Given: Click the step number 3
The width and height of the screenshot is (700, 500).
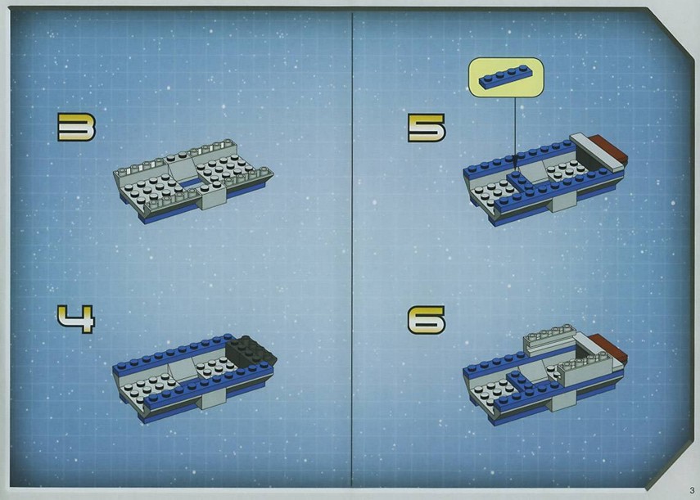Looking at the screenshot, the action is coord(76,127).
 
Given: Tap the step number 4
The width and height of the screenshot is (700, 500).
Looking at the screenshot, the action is coord(76,319).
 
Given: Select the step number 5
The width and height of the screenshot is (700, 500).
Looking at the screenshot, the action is coord(427,128).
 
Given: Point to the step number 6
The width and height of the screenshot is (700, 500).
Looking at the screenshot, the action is coord(427,319).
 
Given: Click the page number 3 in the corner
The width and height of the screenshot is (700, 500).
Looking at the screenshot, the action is coord(692,491).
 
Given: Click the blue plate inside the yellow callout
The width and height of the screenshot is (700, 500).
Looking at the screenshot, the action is coord(506,77).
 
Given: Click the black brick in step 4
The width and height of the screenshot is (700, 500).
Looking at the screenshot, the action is coord(251,349).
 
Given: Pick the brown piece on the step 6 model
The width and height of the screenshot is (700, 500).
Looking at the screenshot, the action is coord(608,348).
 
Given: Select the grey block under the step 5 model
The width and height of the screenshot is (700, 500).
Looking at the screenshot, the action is coord(563,203).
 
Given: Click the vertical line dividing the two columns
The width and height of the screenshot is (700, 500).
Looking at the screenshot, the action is coord(352,250).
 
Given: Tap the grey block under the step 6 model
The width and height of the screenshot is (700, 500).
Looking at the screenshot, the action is coord(563,403).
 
